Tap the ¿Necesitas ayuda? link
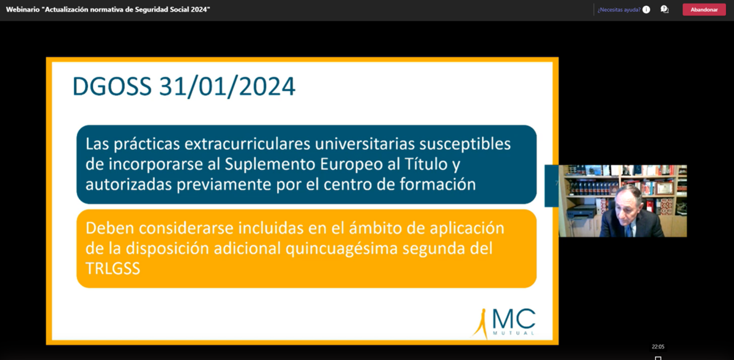[619, 10]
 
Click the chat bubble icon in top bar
[664, 9]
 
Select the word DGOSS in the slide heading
[112, 87]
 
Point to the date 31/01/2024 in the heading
[227, 87]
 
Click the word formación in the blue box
[443, 185]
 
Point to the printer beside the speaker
[582, 212]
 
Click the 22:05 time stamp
[658, 347]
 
